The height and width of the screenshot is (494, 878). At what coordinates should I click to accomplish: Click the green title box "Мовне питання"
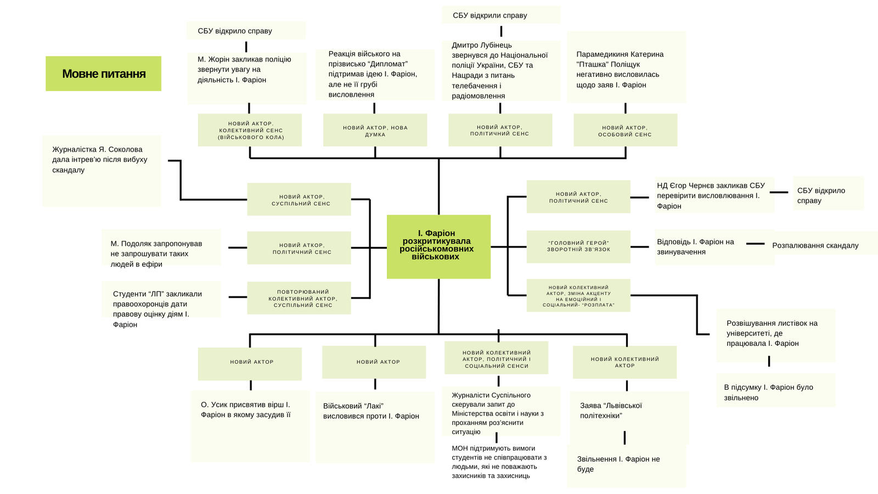pos(103,74)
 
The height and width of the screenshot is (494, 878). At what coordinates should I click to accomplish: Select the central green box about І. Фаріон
pos(438,246)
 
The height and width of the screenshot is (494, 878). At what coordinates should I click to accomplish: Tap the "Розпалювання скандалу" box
pos(815,245)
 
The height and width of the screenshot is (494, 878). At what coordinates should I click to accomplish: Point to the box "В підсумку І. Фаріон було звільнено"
pos(775,392)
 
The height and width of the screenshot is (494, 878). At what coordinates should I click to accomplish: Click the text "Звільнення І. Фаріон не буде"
pos(618,464)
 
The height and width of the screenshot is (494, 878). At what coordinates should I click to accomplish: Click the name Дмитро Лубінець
pos(482,45)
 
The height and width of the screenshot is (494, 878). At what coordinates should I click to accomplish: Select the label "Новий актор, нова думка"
pos(375,131)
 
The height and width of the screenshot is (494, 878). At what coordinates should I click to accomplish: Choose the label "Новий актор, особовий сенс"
pos(625,131)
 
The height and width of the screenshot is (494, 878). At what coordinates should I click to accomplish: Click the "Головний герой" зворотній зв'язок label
pos(578,246)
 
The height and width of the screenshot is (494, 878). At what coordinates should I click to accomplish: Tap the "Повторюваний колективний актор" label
pos(299,299)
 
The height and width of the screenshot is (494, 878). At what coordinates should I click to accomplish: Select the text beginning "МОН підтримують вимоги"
pos(498,462)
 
